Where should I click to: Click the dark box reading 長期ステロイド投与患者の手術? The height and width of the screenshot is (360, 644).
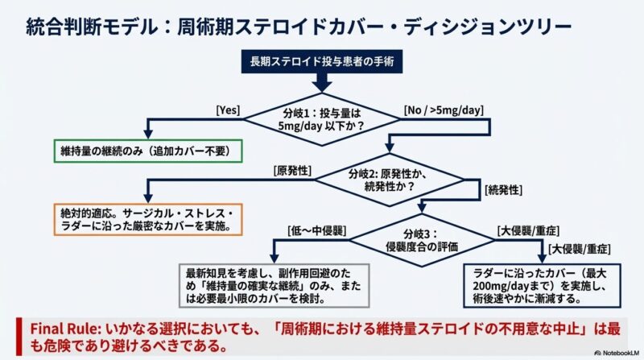pyautogui.click(x=320, y=60)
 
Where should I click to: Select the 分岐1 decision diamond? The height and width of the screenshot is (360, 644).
pyautogui.click(x=320, y=118)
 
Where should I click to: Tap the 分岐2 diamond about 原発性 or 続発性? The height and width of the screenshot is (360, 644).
pyautogui.click(x=388, y=180)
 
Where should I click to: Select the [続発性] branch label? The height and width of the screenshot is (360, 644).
pyautogui.click(x=503, y=189)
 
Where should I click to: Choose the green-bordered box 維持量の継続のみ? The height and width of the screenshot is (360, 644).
pyautogui.click(x=147, y=151)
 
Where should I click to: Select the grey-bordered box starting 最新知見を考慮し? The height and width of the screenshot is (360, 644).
pyautogui.click(x=275, y=285)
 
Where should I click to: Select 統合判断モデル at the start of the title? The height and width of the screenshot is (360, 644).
pyautogui.click(x=64, y=25)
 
